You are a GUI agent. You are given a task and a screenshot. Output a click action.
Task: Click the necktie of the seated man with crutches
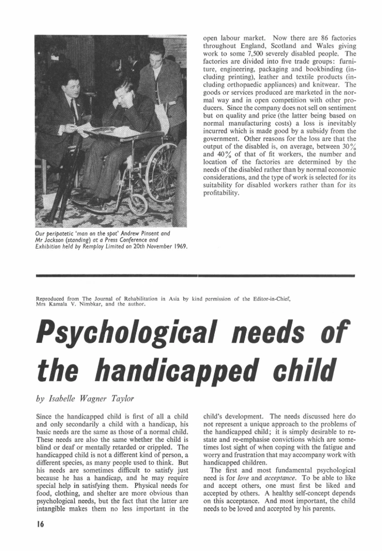click(x=74, y=110)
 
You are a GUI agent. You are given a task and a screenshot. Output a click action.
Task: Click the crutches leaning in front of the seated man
click(x=62, y=177)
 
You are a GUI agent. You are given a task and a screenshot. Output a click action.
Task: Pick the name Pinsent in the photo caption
click(x=156, y=234)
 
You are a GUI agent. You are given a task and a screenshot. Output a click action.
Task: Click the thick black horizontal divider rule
click(x=194, y=275)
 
